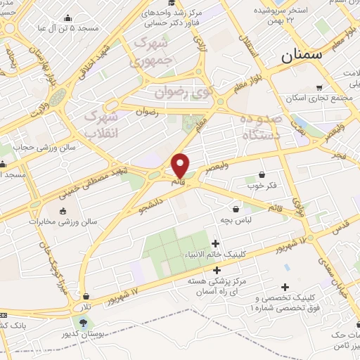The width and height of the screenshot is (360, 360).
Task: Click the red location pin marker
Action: (x=181, y=165)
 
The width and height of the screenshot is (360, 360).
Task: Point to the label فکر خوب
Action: (x=261, y=186)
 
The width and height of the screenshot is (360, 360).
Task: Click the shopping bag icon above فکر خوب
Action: (x=262, y=174)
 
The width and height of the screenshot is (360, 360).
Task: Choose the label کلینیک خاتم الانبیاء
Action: (x=214, y=255)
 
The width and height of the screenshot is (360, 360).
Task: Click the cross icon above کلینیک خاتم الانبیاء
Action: (x=215, y=243)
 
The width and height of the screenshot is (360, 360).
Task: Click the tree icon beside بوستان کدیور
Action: (x=84, y=323)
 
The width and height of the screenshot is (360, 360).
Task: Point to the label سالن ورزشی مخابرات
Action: (x=63, y=222)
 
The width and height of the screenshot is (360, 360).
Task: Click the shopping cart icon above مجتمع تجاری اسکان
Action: (x=320, y=87)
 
